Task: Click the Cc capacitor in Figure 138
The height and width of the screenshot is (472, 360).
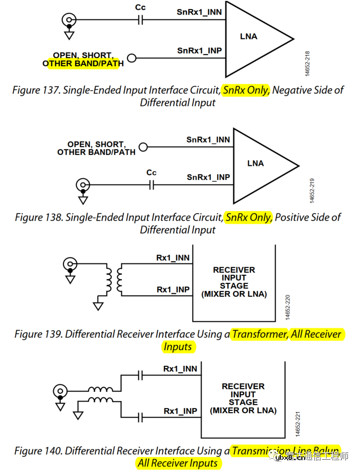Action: point(152,184)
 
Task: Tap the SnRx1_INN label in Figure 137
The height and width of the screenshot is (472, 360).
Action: point(199,12)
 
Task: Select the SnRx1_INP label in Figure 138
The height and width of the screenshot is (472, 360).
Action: point(208,177)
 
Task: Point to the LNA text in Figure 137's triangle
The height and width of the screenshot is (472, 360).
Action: point(249,36)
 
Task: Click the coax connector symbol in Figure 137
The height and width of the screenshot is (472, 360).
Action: point(69,20)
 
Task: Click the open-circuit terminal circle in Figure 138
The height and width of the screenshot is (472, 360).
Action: point(143,147)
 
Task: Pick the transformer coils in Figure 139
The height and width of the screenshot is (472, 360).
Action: point(114,279)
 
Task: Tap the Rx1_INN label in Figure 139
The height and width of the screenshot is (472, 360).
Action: point(173,258)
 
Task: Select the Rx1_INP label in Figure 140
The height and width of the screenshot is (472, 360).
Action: point(180,411)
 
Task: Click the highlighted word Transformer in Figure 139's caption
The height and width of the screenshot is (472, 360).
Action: point(260,334)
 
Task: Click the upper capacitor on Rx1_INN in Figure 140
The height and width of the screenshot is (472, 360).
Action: point(140,375)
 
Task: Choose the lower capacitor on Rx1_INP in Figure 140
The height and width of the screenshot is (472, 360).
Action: point(140,418)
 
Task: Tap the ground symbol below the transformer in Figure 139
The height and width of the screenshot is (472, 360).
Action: point(98,306)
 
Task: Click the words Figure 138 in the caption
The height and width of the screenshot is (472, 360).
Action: point(39,218)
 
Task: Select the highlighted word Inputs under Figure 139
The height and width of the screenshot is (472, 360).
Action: point(178,347)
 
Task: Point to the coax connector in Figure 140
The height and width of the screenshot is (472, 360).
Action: point(60,391)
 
